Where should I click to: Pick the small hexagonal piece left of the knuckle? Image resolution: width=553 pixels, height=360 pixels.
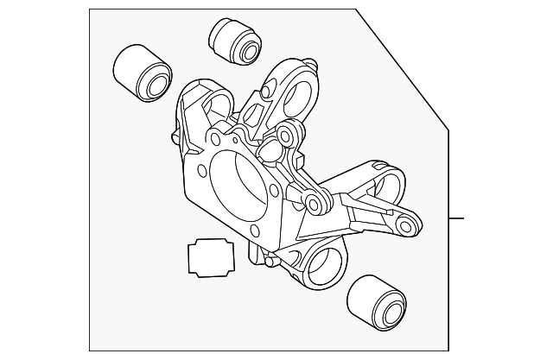tap(207, 257)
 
